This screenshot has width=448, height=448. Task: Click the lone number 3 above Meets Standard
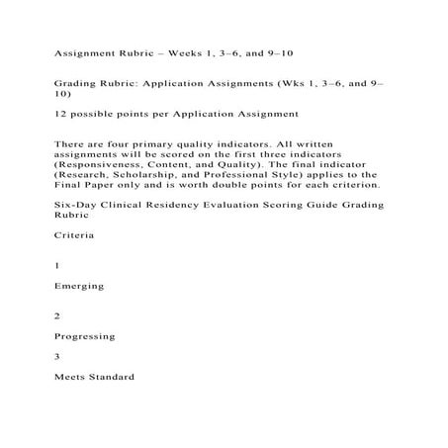click(57, 356)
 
